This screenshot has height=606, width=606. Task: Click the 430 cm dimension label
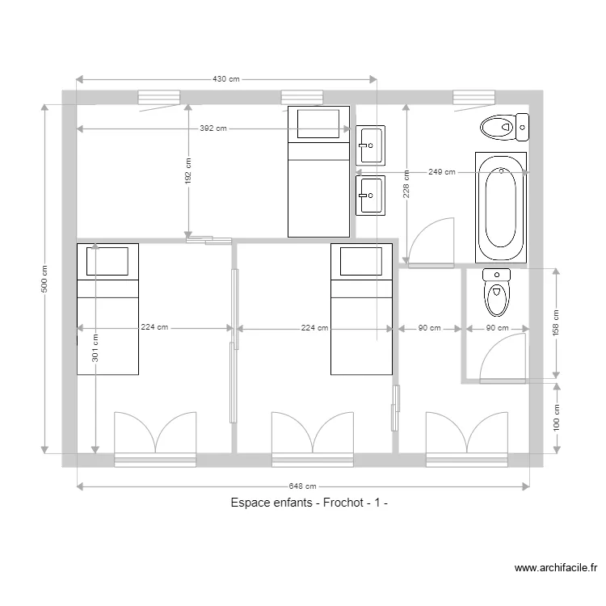[x=226, y=79]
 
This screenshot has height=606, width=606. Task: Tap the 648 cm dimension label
[x=303, y=486]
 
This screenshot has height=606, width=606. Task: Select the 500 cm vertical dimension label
[x=44, y=279]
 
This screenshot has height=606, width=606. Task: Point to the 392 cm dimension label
[x=213, y=128]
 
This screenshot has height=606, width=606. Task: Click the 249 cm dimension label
[x=442, y=172]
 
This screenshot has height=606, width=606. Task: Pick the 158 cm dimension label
[x=556, y=322]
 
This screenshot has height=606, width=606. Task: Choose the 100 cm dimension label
[x=556, y=418]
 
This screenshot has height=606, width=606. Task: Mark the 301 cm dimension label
[x=95, y=348]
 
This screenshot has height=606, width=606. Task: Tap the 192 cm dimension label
[x=187, y=170]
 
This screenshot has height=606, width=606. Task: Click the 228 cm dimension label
[x=406, y=184]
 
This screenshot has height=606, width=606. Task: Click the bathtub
[x=501, y=208]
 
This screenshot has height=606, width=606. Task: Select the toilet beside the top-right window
[x=505, y=127]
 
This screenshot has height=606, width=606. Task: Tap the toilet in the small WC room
[x=497, y=292]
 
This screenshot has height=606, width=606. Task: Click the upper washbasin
[x=371, y=145]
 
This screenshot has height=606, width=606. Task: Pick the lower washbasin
[x=371, y=196]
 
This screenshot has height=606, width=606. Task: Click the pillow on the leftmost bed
[x=107, y=261]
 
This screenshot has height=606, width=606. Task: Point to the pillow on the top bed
[x=318, y=124]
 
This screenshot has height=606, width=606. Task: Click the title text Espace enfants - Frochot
[x=297, y=503]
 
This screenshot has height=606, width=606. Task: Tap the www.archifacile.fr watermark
[x=556, y=568]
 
